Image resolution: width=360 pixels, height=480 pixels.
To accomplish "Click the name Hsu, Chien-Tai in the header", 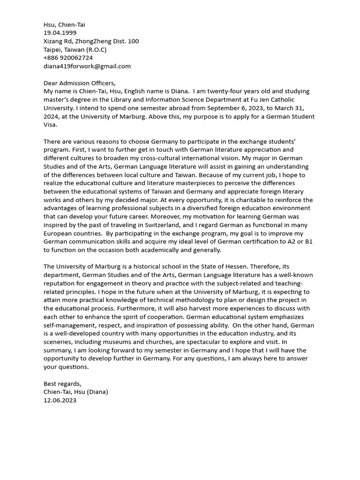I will pos(64,24).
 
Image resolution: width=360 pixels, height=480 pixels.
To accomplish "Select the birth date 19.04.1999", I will pos(60,33).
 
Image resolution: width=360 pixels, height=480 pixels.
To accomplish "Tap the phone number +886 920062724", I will pos(68,58).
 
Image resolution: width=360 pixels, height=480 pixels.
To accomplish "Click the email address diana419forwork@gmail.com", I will pos(87,66).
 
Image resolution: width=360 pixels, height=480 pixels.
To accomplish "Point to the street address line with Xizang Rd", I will pos(91,41).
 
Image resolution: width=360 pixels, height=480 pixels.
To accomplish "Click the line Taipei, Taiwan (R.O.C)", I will pos(75,50).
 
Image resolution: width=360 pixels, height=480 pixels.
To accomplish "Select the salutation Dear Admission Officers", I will pos(79,83).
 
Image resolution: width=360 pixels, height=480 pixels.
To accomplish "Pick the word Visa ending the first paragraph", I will pos(51,125).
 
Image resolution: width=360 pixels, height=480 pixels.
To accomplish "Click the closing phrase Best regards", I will pos(62,383).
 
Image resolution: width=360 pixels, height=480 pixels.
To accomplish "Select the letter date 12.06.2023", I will pos(60,400).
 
